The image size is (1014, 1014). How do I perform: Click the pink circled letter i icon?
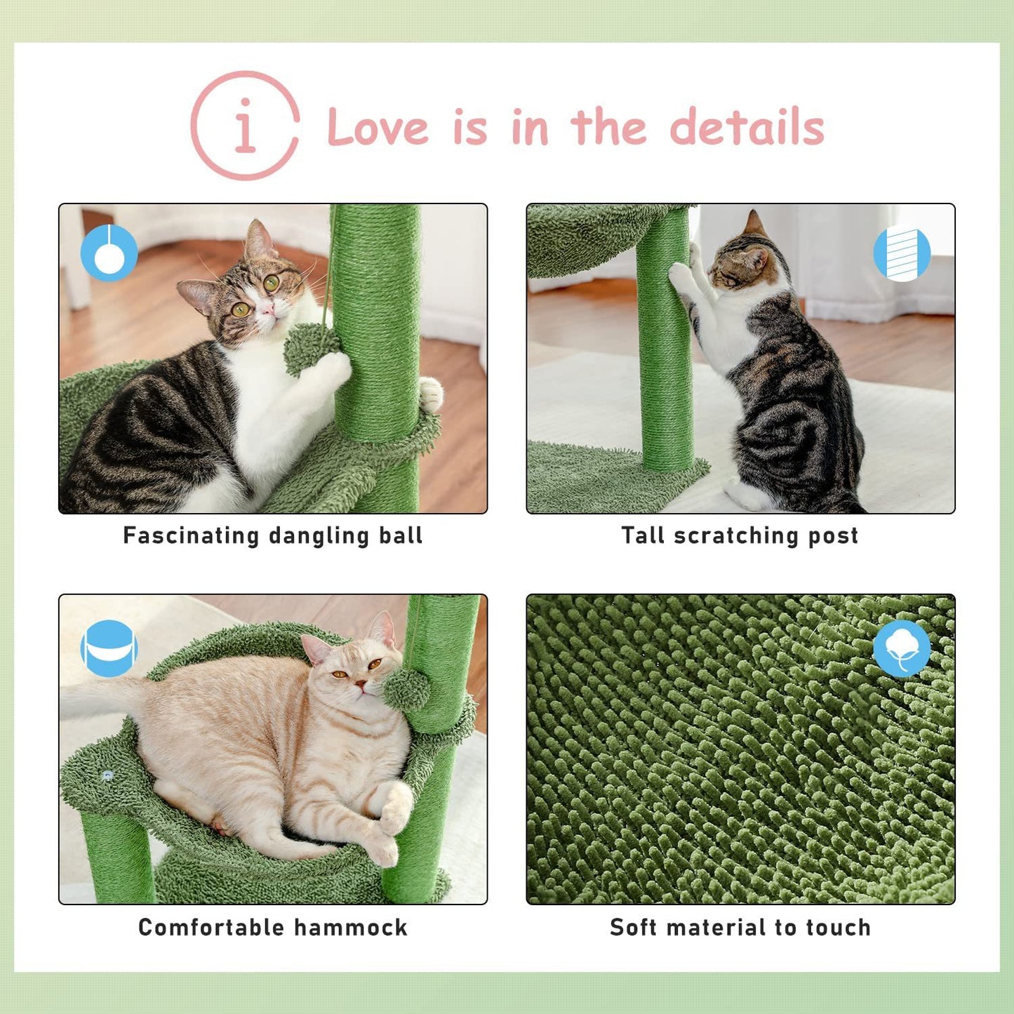[x=245, y=126]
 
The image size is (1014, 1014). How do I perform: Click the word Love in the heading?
[x=378, y=128]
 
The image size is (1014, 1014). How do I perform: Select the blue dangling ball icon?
[x=109, y=253]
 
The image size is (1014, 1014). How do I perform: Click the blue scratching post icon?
[x=902, y=253]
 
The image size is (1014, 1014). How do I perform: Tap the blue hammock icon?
[x=109, y=648]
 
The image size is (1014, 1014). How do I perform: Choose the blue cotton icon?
[x=902, y=648]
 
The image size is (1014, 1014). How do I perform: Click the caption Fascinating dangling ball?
[x=273, y=535]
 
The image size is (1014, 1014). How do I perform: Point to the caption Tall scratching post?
[x=740, y=535]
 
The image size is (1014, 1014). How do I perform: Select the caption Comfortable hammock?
[x=273, y=927]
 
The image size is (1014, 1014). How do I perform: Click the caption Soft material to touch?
[x=740, y=927]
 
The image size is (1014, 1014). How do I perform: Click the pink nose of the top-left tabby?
[x=267, y=310]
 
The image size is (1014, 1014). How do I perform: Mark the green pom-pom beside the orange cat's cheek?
[x=407, y=688]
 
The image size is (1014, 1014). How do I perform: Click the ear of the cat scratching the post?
[x=754, y=224]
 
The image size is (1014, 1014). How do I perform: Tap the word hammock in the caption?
[x=350, y=927]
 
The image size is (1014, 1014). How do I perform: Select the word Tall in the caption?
[x=643, y=535]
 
